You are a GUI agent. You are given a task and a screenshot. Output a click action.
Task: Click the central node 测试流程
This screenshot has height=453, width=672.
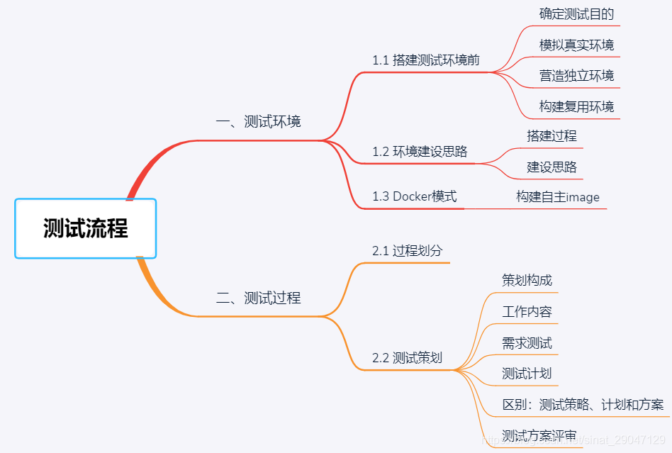coord(85,228)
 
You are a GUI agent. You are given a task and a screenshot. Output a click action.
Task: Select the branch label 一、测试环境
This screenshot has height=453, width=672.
coord(258,121)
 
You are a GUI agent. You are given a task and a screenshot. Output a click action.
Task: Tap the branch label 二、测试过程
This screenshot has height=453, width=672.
coord(258,298)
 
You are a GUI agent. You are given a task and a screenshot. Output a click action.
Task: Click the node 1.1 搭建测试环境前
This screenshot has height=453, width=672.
coord(426,60)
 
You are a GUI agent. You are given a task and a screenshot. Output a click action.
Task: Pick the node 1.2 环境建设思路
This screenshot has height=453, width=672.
coord(420,151)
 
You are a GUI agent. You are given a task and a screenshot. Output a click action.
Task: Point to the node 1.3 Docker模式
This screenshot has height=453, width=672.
coord(415,196)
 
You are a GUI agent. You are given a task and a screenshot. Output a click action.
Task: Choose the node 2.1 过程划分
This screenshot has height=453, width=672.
coord(407,250)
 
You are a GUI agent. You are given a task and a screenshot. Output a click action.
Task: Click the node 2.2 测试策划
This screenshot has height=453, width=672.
coord(407,358)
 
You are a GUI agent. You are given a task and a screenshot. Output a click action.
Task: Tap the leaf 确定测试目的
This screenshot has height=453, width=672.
coord(576,14)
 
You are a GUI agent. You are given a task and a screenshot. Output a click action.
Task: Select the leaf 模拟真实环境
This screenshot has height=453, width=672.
coord(576,45)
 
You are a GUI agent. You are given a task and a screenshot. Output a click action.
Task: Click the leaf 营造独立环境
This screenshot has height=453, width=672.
coord(576,76)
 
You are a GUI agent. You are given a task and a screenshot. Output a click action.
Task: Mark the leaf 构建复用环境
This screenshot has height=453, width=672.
coord(576,107)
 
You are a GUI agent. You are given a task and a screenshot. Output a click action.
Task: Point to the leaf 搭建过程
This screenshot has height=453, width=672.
coord(551,136)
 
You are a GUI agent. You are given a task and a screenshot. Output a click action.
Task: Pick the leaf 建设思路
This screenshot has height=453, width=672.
coord(551,167)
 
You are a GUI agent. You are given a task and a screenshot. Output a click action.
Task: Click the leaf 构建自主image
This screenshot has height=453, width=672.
coord(558,197)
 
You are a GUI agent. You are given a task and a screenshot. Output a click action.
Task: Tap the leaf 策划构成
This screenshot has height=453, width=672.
coord(527,280)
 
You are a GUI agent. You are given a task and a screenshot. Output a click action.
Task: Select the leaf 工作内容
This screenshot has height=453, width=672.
coord(527,311)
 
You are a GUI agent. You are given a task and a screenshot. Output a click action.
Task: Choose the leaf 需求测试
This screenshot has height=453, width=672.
coord(527,343)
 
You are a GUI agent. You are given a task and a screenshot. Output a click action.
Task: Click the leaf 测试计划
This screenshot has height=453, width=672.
coord(527,374)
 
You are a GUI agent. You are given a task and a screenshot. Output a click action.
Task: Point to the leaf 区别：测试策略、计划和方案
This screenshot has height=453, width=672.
coord(583,405)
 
